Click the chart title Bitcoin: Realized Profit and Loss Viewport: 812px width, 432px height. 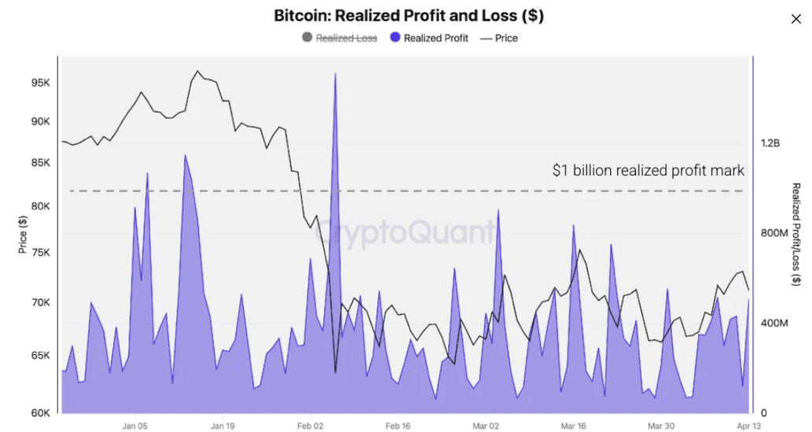pos(409,15)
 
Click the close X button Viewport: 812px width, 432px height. pos(795,19)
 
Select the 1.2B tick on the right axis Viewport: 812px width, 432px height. pos(770,143)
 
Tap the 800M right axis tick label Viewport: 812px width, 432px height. pos(775,233)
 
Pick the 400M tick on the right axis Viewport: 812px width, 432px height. pos(775,323)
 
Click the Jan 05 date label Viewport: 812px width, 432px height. pos(135,426)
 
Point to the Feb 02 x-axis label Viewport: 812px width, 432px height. pos(310,426)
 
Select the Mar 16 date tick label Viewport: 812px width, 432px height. pos(573,426)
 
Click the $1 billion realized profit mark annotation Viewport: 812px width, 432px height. pos(648,170)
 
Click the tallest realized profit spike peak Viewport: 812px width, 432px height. pos(336,75)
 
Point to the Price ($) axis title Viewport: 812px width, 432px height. pos(23,234)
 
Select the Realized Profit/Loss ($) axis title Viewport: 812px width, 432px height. pos(795,234)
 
